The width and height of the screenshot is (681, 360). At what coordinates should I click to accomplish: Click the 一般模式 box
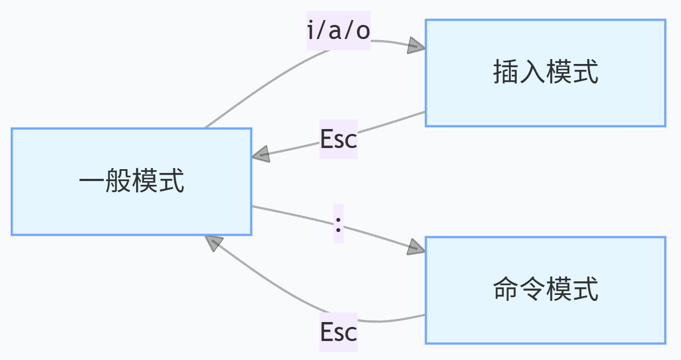[x=131, y=182]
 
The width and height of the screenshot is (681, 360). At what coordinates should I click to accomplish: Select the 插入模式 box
[x=545, y=73]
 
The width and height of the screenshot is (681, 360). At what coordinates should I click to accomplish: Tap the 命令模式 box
[x=545, y=290]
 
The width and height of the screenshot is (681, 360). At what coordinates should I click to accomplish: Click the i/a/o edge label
[x=338, y=31]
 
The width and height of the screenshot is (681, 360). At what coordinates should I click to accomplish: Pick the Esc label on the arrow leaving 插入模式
[x=338, y=139]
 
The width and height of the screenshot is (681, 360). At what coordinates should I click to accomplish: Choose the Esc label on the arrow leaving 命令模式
[x=338, y=332]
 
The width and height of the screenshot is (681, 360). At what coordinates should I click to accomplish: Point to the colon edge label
[x=338, y=223]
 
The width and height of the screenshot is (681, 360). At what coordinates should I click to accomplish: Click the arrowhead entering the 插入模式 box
[x=416, y=46]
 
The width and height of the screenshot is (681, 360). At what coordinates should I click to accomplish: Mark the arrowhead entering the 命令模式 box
[x=416, y=247]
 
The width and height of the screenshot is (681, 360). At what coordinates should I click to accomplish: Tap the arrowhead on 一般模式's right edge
[x=261, y=154]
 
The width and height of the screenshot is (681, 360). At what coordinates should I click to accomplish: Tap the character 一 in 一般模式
[x=92, y=182]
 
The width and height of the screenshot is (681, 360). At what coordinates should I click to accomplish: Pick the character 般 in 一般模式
[x=118, y=182]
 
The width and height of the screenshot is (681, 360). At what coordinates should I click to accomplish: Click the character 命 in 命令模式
[x=505, y=290]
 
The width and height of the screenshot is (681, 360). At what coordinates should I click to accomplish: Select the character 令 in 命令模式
[x=532, y=290]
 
